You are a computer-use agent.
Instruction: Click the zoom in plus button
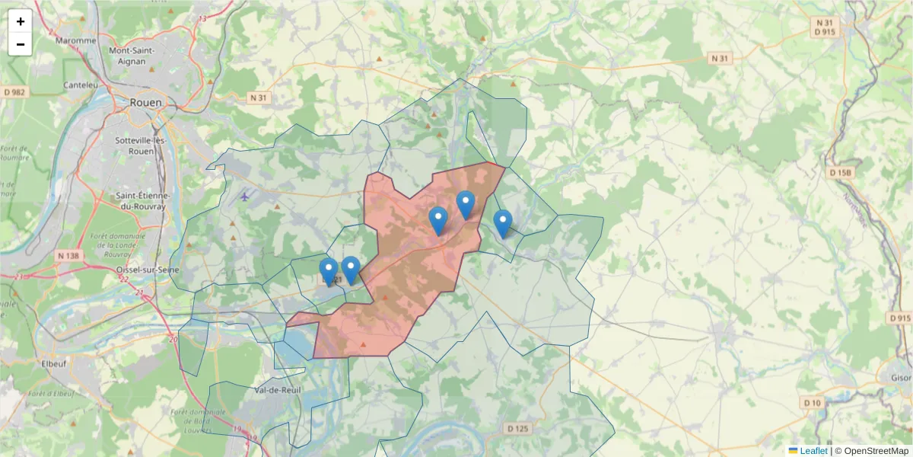[x=21, y=21]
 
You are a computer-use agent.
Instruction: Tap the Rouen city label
[x=145, y=102]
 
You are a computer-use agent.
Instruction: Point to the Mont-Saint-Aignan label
[x=132, y=56]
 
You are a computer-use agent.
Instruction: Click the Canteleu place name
[x=81, y=85]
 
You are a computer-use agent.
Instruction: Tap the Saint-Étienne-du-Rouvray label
[x=141, y=200]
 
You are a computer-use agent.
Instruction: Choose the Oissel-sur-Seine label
[x=146, y=270]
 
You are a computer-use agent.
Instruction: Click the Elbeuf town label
[x=53, y=363]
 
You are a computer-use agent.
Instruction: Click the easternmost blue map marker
[x=502, y=223]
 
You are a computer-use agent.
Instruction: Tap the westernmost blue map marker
[x=329, y=271]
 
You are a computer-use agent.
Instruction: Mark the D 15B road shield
[x=841, y=173]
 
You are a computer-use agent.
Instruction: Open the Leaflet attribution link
[x=813, y=451]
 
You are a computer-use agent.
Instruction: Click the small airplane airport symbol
[x=244, y=197]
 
